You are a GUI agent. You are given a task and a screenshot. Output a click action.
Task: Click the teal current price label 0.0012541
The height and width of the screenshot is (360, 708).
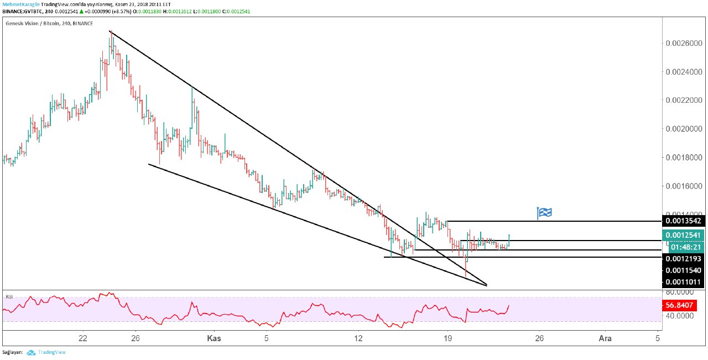pos(686,236)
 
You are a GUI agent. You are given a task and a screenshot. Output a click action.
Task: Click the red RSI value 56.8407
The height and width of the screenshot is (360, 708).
pos(681,305)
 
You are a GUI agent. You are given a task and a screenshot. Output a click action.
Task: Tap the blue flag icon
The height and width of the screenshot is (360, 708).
pos(544,213)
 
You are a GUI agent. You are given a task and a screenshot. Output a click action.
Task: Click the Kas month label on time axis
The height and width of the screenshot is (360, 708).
pos(214,338)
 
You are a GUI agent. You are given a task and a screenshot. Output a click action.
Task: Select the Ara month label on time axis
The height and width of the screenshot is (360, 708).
pos(606,338)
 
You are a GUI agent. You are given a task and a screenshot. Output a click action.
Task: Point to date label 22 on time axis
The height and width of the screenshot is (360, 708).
pos(84,338)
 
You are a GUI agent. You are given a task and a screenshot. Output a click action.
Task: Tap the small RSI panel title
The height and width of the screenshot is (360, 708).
pos(9,297)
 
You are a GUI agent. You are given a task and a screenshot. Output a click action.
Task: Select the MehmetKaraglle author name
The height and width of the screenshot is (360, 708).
pos(20,3)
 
